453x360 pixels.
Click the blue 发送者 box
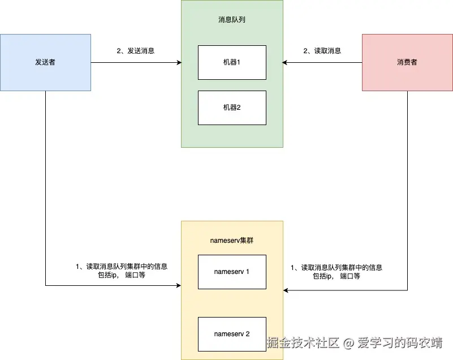tap(45, 62)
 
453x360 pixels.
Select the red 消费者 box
tap(407, 62)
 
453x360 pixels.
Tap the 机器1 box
tap(232, 62)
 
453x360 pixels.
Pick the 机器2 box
tap(232, 108)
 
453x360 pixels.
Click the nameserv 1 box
tap(232, 272)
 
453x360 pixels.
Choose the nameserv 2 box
tap(232, 334)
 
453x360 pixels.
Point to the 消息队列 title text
tap(232, 20)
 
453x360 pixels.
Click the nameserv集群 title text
tap(232, 241)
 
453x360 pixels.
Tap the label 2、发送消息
tap(136, 51)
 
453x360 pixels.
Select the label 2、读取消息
tap(322, 51)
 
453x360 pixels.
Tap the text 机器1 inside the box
tap(232, 62)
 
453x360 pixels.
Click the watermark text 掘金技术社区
tap(303, 342)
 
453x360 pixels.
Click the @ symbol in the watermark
tap(349, 343)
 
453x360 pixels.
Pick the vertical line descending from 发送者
tap(45, 187)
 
